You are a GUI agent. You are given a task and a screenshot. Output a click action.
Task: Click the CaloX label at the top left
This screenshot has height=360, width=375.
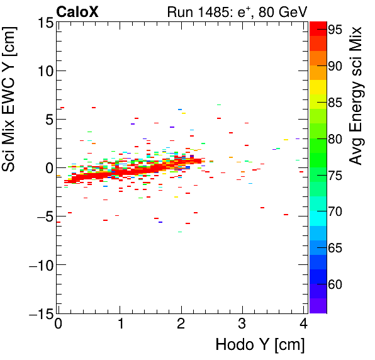point(77,11)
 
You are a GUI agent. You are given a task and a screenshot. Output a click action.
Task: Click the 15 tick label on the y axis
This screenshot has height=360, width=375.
point(42,23)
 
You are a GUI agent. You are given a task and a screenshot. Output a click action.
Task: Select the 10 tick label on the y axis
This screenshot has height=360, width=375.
point(42,70)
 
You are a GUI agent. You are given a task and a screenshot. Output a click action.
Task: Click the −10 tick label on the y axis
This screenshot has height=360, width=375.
point(37,265)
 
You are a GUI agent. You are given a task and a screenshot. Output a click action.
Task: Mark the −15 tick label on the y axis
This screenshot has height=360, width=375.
point(37,313)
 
